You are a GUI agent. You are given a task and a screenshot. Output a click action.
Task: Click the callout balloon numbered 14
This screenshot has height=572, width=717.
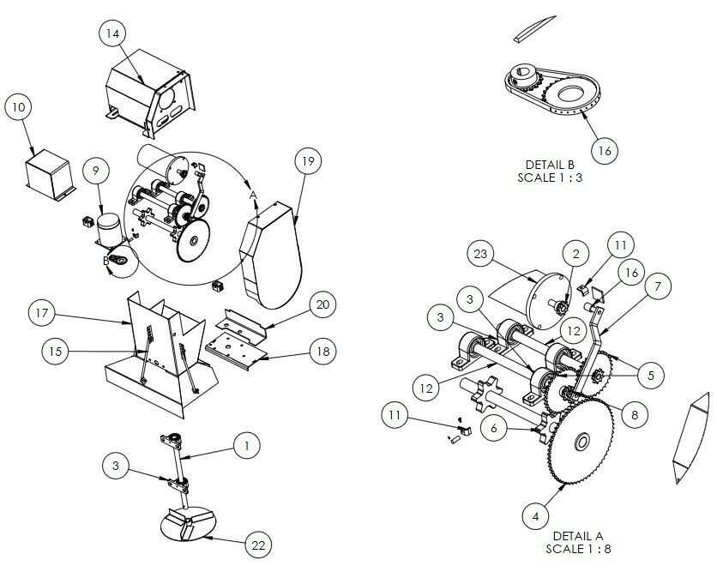click(x=112, y=33)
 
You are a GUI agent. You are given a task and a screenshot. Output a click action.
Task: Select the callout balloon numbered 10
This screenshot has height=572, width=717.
click(x=18, y=107)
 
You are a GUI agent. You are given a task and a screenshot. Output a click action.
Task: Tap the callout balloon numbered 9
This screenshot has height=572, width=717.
click(x=96, y=171)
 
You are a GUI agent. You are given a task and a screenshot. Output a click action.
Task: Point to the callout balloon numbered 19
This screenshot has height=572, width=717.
click(x=308, y=161)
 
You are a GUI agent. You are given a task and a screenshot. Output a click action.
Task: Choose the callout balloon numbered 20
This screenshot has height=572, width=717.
click(x=322, y=304)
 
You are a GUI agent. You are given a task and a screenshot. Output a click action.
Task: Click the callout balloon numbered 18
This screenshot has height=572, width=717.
click(x=323, y=352)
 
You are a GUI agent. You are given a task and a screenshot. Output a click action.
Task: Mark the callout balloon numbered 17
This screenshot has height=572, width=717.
click(x=42, y=313)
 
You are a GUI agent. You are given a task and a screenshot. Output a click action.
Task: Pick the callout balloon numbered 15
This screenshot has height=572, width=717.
click(x=56, y=352)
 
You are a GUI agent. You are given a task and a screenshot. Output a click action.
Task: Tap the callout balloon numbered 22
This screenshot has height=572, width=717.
click(x=258, y=545)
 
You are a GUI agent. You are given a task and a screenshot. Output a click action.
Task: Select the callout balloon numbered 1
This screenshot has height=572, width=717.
click(x=247, y=446)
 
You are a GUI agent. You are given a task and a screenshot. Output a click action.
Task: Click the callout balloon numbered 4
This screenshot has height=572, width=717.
click(x=535, y=516)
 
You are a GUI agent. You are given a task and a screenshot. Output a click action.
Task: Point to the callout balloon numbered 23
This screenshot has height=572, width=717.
click(x=480, y=254)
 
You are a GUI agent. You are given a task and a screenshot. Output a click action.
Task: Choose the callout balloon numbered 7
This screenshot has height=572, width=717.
click(x=658, y=286)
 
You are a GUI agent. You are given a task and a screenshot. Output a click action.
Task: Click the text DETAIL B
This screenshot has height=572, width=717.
click(x=550, y=165)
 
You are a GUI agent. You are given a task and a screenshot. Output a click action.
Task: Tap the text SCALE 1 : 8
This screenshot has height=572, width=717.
click(x=578, y=549)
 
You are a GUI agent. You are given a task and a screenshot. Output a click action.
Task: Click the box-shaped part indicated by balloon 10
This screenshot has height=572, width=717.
click(x=51, y=175)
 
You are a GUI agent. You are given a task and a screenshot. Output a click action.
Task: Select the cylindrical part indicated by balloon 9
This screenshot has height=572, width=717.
click(x=109, y=228)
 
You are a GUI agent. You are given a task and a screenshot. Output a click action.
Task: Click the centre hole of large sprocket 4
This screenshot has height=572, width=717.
click(x=582, y=443)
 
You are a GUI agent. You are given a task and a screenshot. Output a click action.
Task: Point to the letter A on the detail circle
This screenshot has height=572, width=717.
click(x=253, y=196)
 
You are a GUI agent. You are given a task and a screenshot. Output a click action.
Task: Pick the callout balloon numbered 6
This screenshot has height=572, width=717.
click(x=494, y=429)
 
